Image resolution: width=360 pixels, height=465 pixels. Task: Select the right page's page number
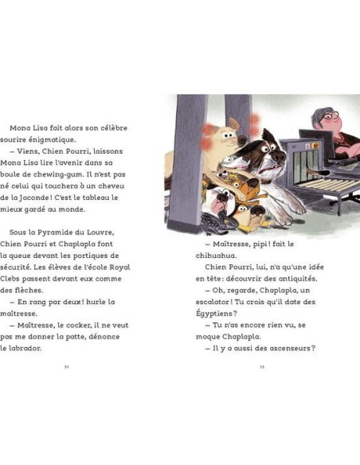261,367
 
